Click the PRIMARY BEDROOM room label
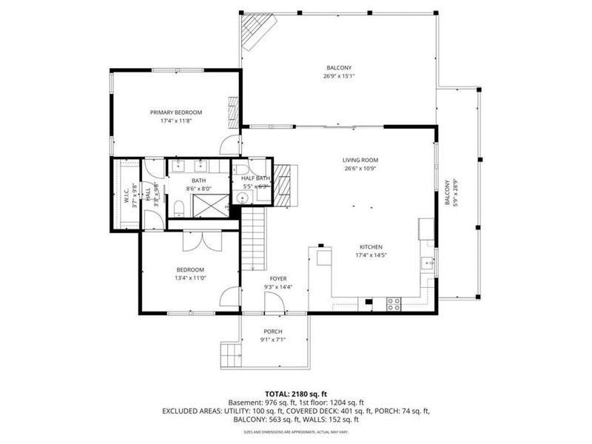176,112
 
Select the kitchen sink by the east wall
428,262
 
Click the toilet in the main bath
179,206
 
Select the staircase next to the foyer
254,238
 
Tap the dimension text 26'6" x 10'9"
360,169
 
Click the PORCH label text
273,332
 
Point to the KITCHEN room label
371,248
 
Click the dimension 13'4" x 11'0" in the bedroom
190,278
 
